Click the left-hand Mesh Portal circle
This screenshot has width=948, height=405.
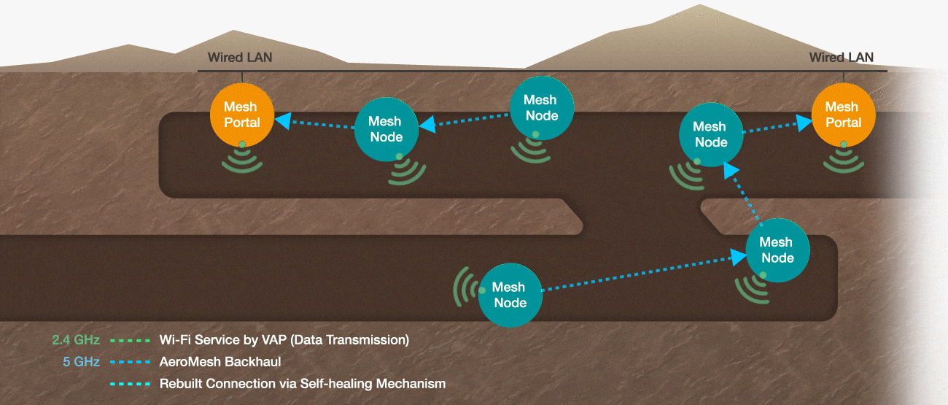point(241,115)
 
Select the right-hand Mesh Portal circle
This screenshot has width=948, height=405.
point(843,115)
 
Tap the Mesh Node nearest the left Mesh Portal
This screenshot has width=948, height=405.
point(386,129)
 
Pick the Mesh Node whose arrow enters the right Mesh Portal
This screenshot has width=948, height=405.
point(711,134)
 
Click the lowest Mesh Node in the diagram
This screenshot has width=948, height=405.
point(510,294)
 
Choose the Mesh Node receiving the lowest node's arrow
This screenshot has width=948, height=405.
point(777,250)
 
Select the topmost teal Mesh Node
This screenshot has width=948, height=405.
point(541,107)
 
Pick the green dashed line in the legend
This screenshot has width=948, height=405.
point(130,340)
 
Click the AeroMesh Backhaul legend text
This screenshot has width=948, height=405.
point(220,361)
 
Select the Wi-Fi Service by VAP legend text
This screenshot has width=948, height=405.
point(284,340)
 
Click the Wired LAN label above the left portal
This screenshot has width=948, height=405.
point(240,57)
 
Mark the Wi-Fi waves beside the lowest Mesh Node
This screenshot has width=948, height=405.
point(462,286)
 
